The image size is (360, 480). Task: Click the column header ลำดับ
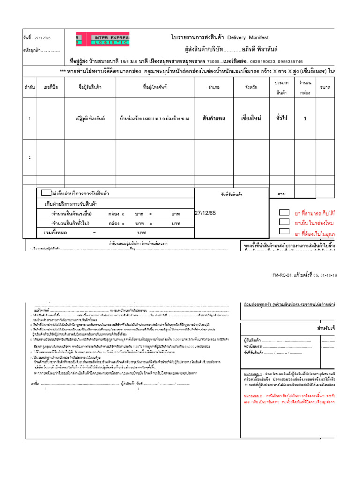(30, 87)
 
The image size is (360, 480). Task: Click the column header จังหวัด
(251, 87)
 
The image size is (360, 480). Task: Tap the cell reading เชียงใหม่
(250, 119)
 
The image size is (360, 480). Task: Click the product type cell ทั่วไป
(283, 119)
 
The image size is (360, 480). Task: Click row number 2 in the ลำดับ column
(30, 158)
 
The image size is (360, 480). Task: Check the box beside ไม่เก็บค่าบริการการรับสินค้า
(46, 193)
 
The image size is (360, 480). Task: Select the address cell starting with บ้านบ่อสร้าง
(154, 119)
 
